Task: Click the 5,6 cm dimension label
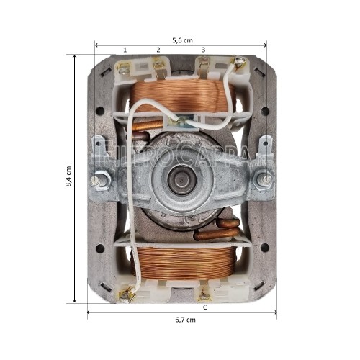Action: tap(181, 40)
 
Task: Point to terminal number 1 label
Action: tap(125, 50)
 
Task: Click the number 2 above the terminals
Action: tap(158, 50)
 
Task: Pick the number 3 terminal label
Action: tap(203, 50)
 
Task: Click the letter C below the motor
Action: tap(205, 307)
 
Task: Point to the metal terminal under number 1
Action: tap(125, 69)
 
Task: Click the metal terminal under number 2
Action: tap(158, 69)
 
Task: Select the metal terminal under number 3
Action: tap(203, 69)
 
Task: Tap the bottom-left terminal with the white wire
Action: tap(130, 292)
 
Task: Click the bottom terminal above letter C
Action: tap(205, 292)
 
